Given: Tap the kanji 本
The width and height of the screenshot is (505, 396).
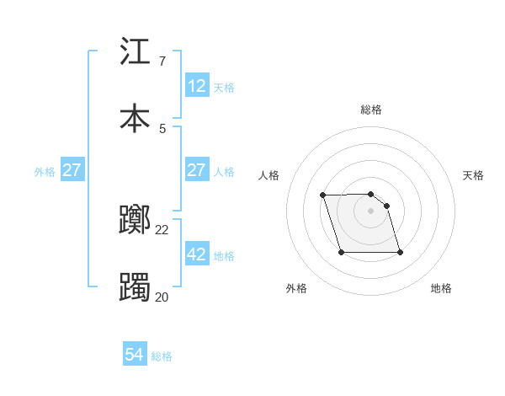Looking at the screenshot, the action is [x=135, y=117].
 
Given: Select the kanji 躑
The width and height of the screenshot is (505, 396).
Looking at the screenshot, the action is [x=135, y=220].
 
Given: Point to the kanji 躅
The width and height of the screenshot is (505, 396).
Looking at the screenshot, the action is [x=135, y=286].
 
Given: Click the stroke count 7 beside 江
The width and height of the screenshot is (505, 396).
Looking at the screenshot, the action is [x=162, y=62].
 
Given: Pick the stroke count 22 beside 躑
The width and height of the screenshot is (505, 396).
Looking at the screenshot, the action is [x=162, y=230].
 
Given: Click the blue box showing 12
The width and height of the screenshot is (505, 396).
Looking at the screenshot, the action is [x=197, y=86].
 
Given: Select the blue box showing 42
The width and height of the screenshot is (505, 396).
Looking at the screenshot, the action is [x=197, y=254].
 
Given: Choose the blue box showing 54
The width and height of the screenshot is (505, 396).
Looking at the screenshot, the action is [x=135, y=356].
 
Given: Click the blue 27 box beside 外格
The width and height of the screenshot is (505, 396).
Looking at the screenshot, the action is [x=72, y=170].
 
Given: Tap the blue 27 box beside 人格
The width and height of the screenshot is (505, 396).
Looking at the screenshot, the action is [x=197, y=170].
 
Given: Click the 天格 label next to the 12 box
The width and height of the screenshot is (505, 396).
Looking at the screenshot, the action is [x=224, y=87].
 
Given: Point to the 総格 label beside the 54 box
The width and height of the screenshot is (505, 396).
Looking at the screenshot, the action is [x=162, y=356].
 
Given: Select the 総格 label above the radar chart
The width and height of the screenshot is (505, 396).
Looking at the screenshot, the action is [x=371, y=110].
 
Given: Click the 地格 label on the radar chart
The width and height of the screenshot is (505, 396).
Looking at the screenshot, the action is [x=441, y=288].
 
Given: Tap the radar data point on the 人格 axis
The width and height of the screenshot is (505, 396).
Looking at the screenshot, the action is [x=323, y=195].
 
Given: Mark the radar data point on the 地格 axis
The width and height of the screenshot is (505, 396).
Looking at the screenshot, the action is [x=400, y=253].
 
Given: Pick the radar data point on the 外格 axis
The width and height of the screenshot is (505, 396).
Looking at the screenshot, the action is [x=341, y=252].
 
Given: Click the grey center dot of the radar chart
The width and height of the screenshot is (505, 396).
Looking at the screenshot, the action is [x=371, y=211].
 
